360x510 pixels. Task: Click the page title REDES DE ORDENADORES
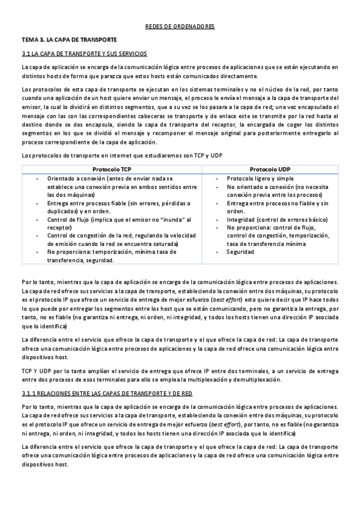[180, 27]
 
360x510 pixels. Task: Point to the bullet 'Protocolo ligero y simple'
[260, 179]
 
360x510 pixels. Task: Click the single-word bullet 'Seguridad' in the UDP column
[240, 252]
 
